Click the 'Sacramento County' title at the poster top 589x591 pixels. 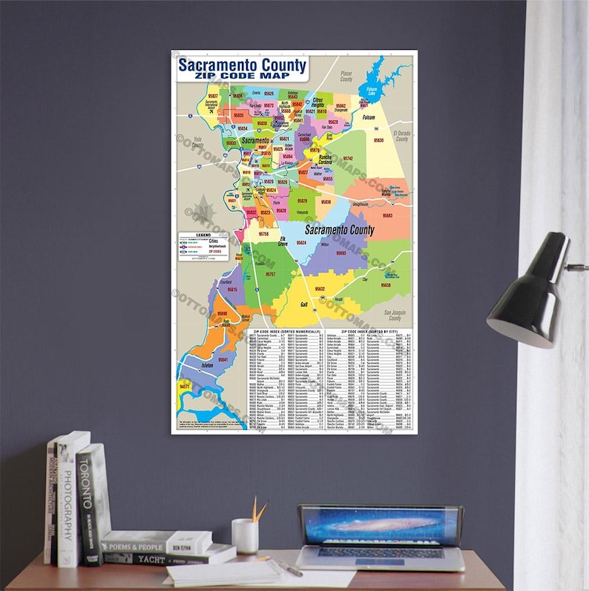pos(241,65)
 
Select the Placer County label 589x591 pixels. pos(346,76)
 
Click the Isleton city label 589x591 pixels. pos(208,366)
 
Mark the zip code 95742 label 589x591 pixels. pos(348,158)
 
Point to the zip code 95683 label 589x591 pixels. pos(386,215)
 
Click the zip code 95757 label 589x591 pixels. pos(271,274)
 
